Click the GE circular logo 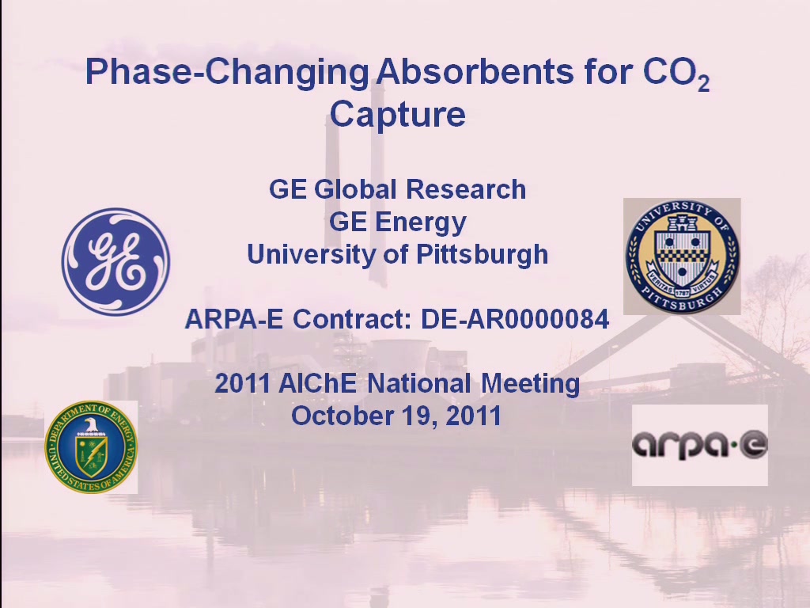point(115,261)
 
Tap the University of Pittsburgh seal point(682,256)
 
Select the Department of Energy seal point(91,446)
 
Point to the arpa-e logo point(700,445)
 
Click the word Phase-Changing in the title point(227,72)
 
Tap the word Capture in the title point(398,114)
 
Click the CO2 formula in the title point(676,74)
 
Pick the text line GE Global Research point(397,189)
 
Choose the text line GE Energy point(398,222)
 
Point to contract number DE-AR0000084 point(515,319)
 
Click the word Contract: point(352,319)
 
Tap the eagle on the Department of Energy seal point(91,425)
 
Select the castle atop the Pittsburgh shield point(683,223)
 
